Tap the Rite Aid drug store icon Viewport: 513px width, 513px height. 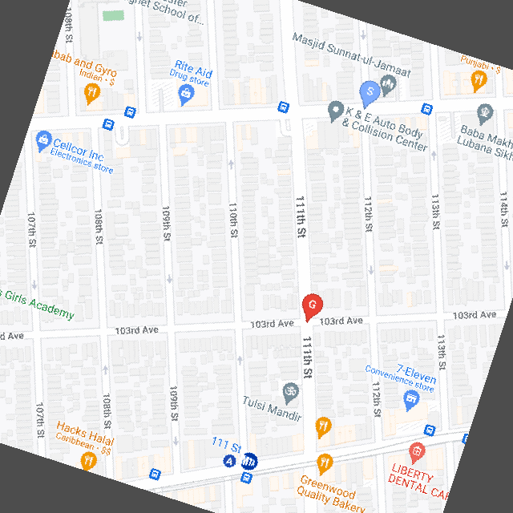[186, 95]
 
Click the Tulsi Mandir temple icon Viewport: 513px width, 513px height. [291, 392]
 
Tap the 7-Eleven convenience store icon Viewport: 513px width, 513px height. [411, 398]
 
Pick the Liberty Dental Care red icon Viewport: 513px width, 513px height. [416, 451]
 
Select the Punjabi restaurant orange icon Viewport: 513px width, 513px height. [479, 79]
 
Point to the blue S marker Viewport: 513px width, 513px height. [369, 93]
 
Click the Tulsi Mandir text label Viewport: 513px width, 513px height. [272, 409]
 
